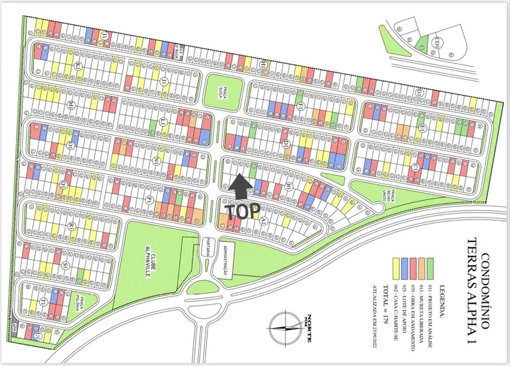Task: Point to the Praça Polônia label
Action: click(x=80, y=305)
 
